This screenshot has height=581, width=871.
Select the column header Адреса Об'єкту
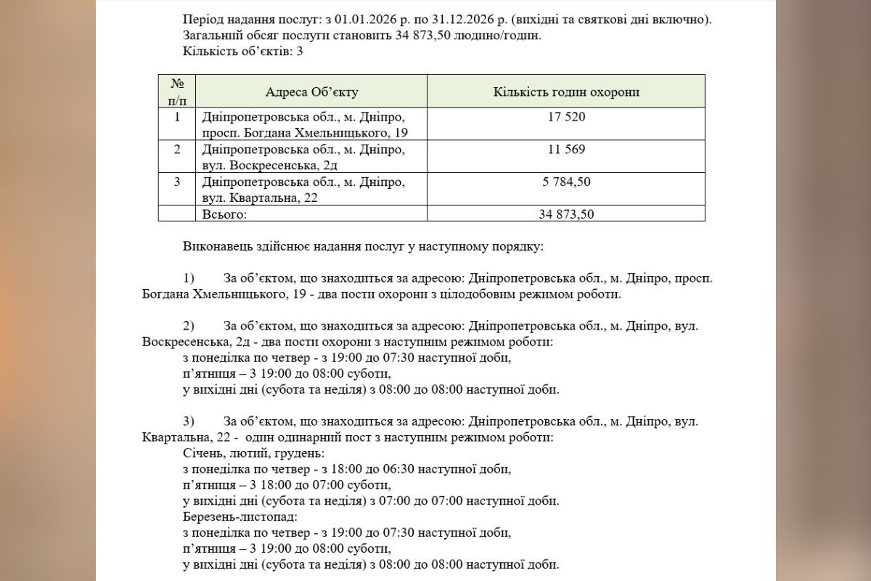click(x=311, y=92)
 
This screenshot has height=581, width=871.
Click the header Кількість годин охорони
click(x=566, y=92)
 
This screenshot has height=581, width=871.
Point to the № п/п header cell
click(x=177, y=92)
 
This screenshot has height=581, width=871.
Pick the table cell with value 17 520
click(x=566, y=117)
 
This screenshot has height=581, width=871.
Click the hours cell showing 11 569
click(x=566, y=150)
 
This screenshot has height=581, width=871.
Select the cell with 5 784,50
click(x=566, y=182)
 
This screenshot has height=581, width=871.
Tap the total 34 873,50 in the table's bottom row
click(x=566, y=214)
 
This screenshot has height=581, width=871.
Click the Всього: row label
click(x=225, y=214)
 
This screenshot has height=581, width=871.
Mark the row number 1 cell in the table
click(x=177, y=117)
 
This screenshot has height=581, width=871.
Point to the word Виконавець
click(x=216, y=247)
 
